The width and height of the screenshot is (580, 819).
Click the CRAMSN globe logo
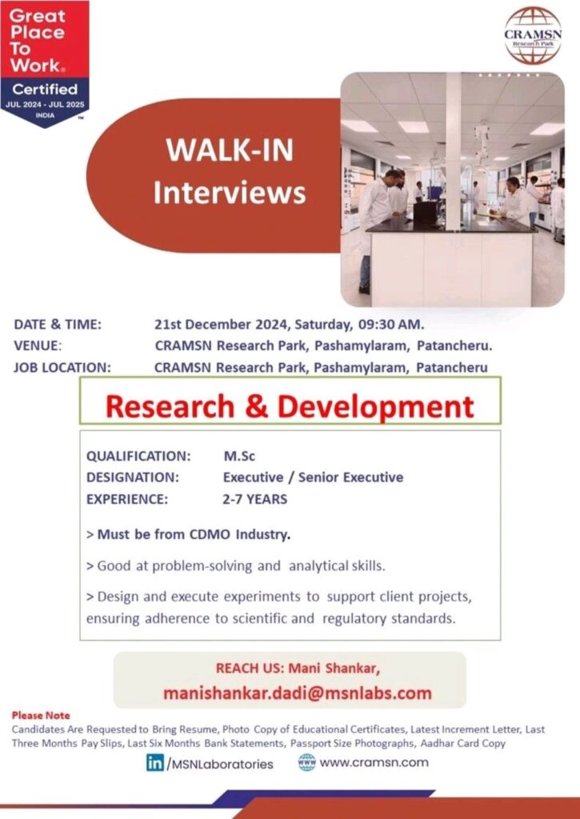532,35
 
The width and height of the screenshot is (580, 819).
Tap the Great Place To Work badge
44,60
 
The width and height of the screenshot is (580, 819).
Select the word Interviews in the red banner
230,193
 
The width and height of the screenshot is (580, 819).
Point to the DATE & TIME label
58,325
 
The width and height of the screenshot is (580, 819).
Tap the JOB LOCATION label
62,368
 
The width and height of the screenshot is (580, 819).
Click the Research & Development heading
290,406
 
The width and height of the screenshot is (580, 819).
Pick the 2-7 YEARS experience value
254,499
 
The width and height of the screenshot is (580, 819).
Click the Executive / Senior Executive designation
313,477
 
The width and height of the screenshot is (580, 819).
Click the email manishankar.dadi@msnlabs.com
297,693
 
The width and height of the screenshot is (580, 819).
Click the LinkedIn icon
154,762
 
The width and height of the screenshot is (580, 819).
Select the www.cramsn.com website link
373,762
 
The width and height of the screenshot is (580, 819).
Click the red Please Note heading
41,715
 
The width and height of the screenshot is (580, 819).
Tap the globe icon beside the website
306,762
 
